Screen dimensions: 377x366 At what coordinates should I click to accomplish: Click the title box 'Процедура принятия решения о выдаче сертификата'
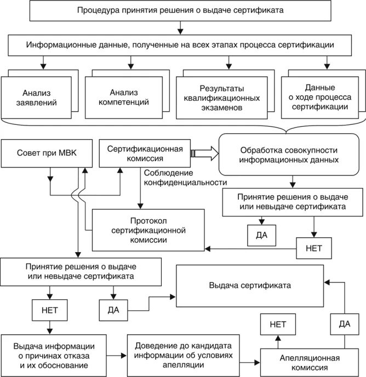point(181,10)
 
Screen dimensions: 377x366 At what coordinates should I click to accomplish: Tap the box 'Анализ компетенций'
point(127,97)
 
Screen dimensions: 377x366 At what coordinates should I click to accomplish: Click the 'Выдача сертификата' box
point(249,285)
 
